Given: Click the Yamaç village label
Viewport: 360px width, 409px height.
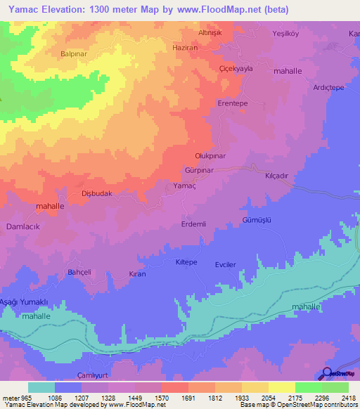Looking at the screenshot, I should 184,186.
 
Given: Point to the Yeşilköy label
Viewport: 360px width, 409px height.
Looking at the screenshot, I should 286,34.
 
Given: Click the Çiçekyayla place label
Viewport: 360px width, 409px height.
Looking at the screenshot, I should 236,70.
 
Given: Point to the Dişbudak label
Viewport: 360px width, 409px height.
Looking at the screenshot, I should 97,193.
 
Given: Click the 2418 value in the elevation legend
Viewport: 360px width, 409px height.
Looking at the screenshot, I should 348,397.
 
